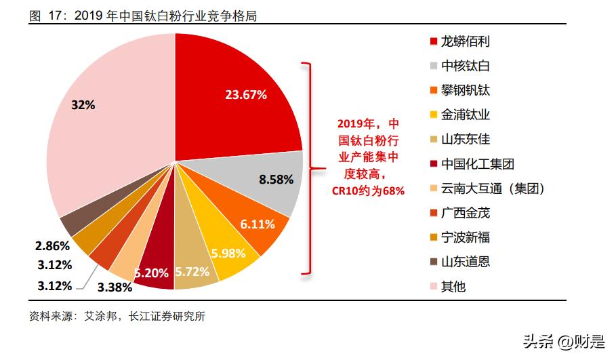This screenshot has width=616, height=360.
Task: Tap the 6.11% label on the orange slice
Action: point(258,224)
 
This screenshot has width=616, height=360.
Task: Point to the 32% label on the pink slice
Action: point(83,105)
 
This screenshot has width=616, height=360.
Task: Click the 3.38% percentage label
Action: point(113,286)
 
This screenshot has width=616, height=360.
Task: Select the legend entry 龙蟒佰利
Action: point(465,41)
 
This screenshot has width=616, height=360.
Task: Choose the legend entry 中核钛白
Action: point(465,66)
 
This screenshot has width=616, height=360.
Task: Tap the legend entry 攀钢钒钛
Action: point(465,90)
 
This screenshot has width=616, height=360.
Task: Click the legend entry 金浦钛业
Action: point(465,115)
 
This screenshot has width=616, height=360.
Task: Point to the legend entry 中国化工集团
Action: point(477,163)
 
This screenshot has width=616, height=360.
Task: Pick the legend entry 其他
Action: point(453,286)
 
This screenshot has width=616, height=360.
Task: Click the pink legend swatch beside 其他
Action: point(433,286)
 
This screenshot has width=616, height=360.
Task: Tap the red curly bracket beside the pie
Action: point(308,169)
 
